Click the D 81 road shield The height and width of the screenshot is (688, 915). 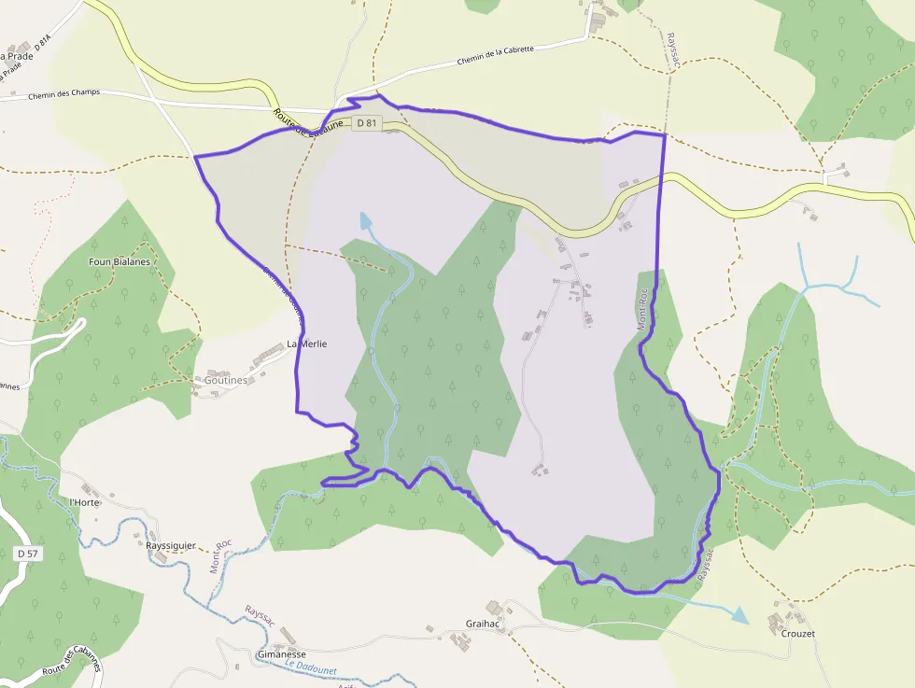(367, 122)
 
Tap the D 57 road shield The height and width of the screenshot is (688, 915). (28, 554)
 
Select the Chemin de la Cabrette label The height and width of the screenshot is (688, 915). (496, 56)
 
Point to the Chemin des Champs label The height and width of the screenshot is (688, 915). (63, 94)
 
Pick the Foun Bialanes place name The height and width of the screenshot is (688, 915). (120, 262)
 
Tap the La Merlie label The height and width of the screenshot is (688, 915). (306, 344)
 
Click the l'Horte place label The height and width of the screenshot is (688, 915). (85, 502)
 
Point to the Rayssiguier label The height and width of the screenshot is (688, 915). (171, 546)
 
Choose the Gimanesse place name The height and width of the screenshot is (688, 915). (281, 654)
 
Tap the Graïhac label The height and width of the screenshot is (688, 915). (486, 624)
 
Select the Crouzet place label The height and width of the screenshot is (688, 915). (798, 634)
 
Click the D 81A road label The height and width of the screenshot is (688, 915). (42, 43)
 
